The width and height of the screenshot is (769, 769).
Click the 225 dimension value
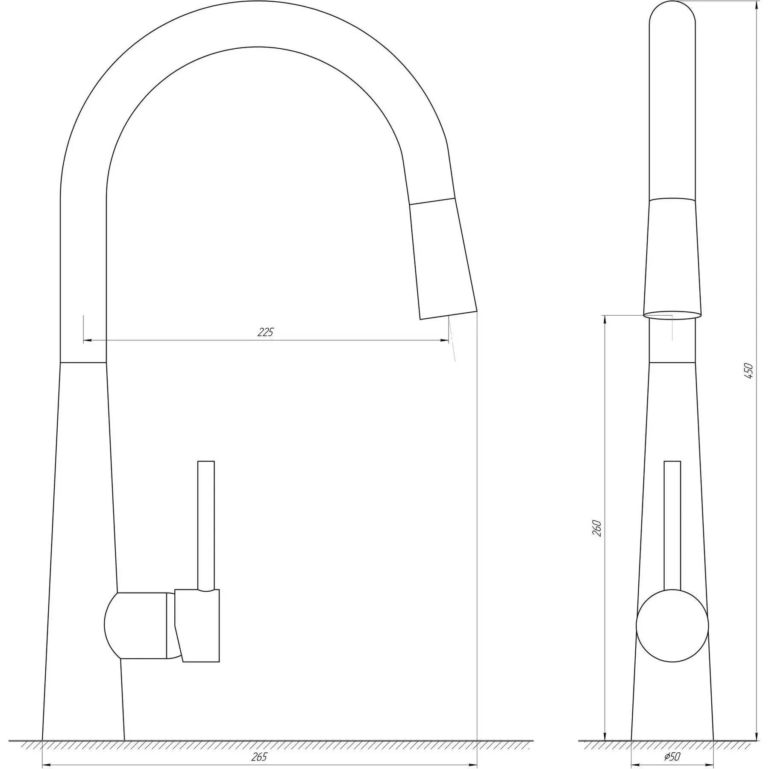[x=265, y=332]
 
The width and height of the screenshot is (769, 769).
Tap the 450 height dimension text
[x=748, y=371]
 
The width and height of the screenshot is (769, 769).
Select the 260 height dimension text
[x=597, y=528]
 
